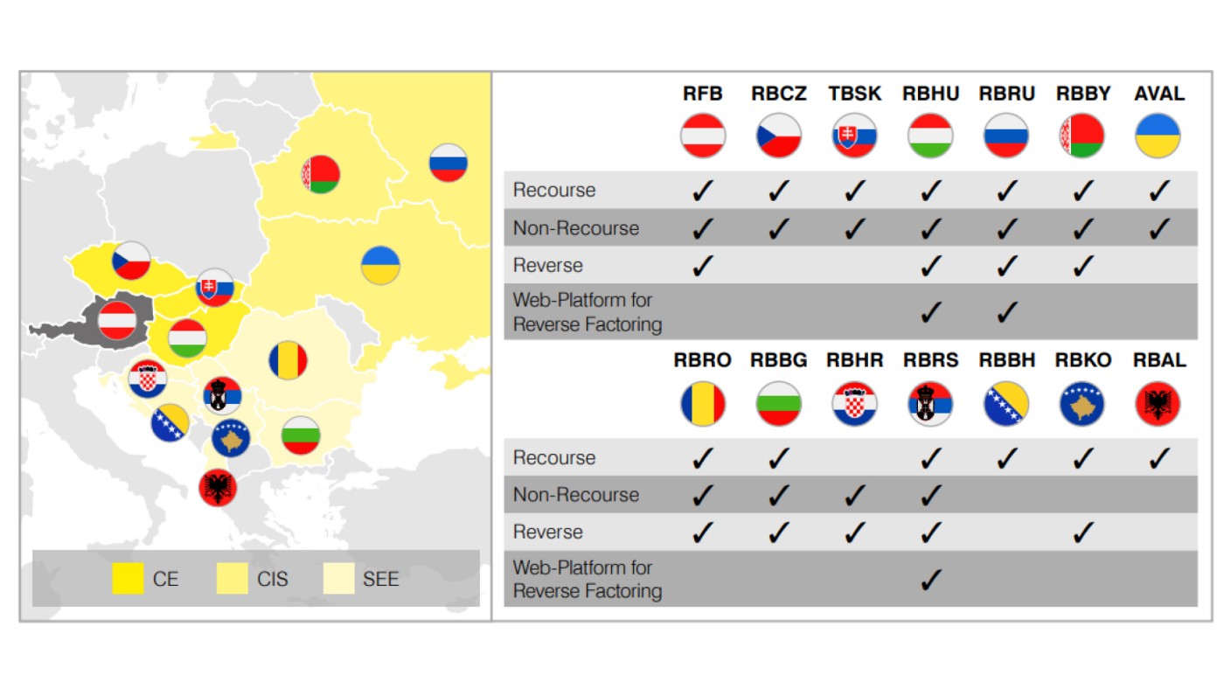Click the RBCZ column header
(778, 94)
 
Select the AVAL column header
(1158, 94)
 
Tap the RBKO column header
(1082, 361)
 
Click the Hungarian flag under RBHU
(930, 136)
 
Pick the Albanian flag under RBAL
(1158, 404)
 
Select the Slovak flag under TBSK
(854, 136)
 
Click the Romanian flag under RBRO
(703, 404)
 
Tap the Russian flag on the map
(449, 163)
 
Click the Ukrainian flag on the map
(380, 265)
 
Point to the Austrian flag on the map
(116, 320)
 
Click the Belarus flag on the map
(320, 174)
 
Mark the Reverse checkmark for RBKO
(1082, 532)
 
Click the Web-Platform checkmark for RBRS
(930, 579)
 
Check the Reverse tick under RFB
(703, 265)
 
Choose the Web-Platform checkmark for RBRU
(1006, 311)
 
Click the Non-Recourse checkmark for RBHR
(854, 495)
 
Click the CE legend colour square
(128, 579)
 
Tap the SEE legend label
(380, 579)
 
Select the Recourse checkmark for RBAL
(1158, 458)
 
